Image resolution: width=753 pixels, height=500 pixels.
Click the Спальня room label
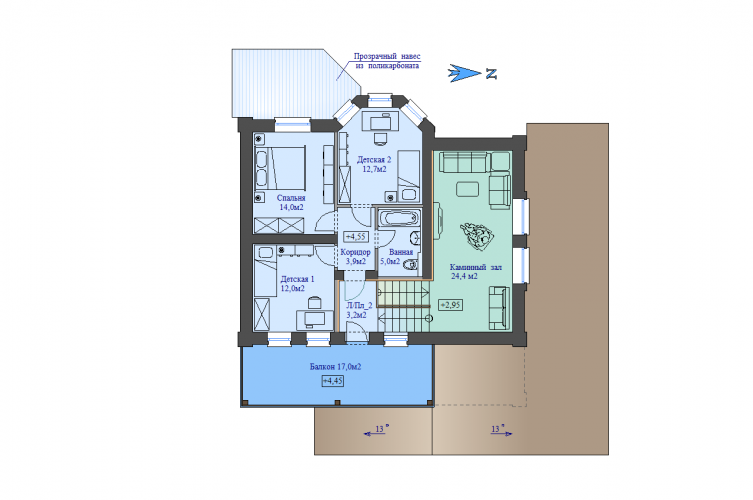291,198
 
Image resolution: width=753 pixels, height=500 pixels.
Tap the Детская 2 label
374,159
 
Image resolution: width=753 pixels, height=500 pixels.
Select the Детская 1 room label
297,279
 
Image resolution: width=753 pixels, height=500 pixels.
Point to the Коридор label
355,252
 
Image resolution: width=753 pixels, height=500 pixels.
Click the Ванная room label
401,252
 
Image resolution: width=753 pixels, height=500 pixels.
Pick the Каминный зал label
475,267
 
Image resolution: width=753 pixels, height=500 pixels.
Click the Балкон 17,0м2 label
335,367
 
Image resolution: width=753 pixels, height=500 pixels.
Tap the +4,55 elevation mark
356,237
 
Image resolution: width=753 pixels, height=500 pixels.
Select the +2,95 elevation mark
450,305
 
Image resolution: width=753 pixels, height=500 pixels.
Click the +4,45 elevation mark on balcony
332,381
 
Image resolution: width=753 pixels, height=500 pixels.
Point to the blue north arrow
464,73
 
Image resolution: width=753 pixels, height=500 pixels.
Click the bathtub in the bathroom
399,219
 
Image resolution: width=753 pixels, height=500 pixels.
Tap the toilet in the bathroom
411,265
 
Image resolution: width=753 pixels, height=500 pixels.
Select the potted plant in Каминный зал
477,234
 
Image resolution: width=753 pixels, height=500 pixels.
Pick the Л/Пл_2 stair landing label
359,305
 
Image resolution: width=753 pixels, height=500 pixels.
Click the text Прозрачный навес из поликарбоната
387,61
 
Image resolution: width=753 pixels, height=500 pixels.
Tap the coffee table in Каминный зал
467,189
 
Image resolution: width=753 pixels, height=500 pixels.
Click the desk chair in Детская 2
380,138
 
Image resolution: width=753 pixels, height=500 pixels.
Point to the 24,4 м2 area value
464,276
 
